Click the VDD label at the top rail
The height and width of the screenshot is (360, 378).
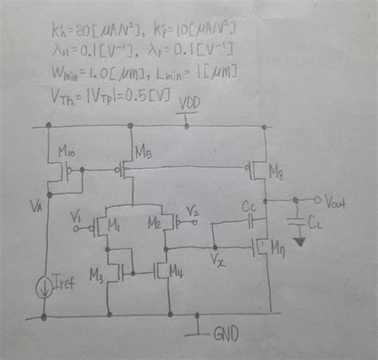click(x=191, y=104)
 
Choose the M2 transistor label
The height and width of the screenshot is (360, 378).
click(x=154, y=223)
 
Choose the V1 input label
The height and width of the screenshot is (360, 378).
click(x=77, y=215)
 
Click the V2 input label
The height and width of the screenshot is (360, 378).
click(x=194, y=211)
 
